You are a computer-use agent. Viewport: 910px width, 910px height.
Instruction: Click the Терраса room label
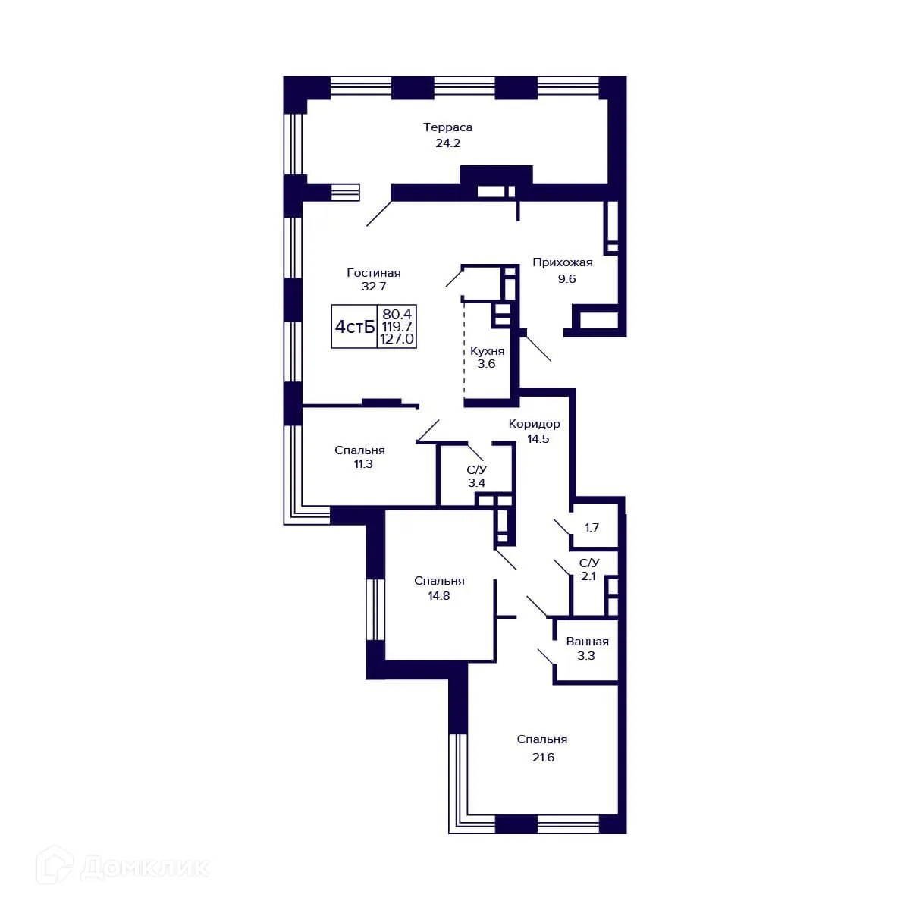(447, 127)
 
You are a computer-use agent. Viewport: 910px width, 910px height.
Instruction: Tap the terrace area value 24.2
(447, 143)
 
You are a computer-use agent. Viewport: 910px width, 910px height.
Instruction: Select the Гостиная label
(373, 273)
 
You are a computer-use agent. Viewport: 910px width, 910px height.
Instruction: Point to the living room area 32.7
(374, 287)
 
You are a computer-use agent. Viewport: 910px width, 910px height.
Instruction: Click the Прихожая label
(563, 263)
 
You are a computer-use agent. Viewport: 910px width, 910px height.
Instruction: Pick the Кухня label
(487, 351)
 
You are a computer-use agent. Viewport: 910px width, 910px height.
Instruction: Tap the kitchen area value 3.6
(486, 364)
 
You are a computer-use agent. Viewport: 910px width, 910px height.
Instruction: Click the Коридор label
(534, 424)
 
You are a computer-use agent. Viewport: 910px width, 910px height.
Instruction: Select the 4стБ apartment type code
(355, 327)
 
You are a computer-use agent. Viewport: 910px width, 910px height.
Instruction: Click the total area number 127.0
(398, 340)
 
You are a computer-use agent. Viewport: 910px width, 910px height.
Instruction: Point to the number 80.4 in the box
(398, 314)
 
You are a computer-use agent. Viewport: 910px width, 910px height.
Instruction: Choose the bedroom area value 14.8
(439, 596)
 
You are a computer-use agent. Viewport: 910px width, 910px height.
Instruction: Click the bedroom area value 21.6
(543, 757)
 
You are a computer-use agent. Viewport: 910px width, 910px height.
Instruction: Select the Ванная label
(587, 642)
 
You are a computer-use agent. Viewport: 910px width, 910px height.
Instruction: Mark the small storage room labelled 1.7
(591, 527)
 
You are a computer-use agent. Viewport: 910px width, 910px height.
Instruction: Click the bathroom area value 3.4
(476, 483)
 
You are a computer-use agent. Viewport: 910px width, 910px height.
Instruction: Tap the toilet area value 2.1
(588, 576)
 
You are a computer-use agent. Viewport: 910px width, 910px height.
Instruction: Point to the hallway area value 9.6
(566, 278)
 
